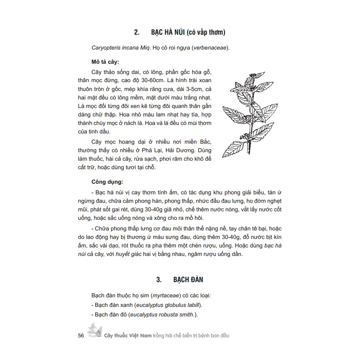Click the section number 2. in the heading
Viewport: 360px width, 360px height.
137,33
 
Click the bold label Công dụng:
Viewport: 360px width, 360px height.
107,182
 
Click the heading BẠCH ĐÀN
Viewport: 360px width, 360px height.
188,280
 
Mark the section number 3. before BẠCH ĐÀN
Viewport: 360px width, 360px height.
159,280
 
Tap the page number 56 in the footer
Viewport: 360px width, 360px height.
81,336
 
